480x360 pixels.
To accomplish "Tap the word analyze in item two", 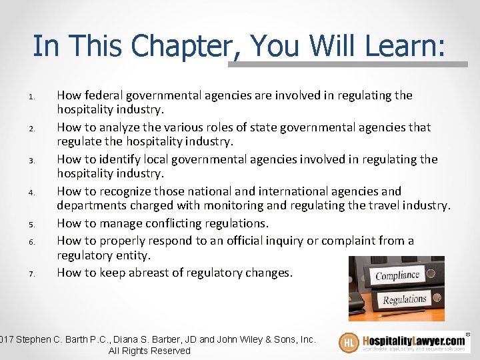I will tap(118, 127).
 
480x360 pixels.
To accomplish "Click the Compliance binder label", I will tap(397, 275).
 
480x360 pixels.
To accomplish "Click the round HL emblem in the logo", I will tap(349, 343).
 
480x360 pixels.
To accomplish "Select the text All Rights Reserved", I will tap(149, 351).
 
